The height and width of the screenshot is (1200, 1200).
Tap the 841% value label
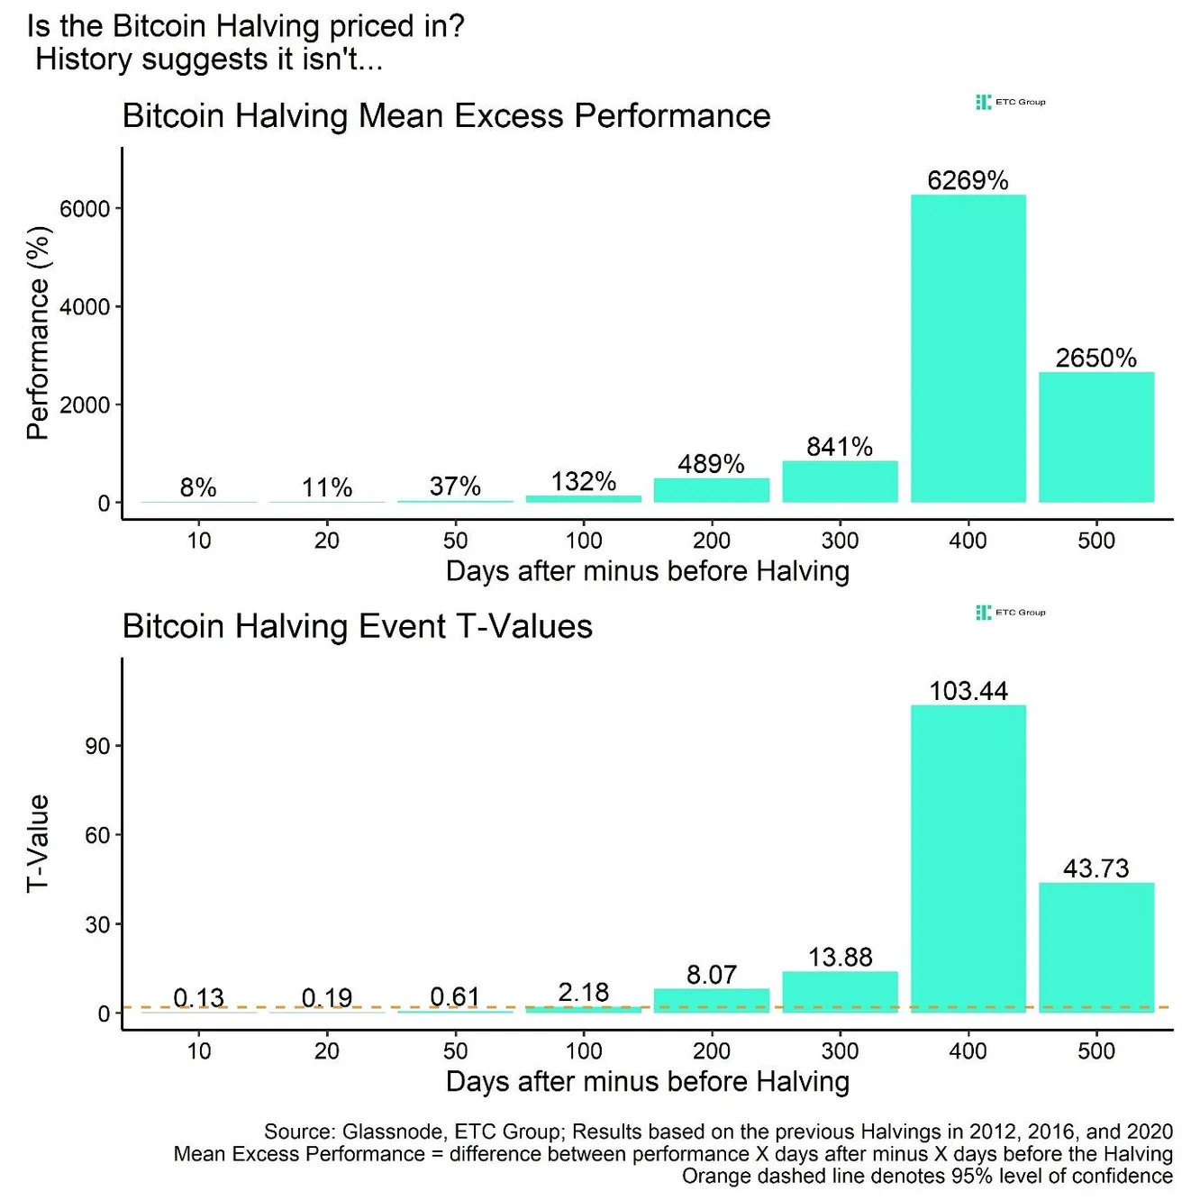coord(840,447)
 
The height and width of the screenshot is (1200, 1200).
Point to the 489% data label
coord(711,464)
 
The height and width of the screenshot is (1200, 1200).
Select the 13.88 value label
coord(840,957)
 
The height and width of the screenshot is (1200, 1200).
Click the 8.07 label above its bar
coord(711,975)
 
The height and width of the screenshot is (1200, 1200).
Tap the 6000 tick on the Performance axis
coord(85,209)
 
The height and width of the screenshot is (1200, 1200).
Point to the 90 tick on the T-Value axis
coord(97,746)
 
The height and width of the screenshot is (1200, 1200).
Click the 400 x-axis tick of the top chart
coord(968,541)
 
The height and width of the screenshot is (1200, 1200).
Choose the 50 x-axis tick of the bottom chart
coord(455,1051)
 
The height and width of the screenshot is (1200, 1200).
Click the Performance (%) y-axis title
coord(38,333)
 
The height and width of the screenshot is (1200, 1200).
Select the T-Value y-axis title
coord(38,843)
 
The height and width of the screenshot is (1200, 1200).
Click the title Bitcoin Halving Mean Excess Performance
coord(446,116)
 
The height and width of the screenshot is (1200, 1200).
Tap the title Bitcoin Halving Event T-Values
coord(357,626)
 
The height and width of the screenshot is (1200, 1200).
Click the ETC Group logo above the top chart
coord(1011,102)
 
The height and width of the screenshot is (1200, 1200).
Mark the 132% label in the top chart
coord(583,481)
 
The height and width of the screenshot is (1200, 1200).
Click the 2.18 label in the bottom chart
coord(583,992)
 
